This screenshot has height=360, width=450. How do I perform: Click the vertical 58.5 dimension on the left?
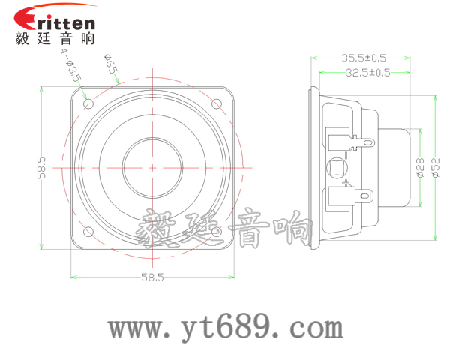coord(43,167)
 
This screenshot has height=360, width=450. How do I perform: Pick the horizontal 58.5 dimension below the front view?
coord(152,277)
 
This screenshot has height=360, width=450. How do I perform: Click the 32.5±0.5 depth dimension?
coord(367,73)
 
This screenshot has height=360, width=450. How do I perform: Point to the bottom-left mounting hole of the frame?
coord(88,230)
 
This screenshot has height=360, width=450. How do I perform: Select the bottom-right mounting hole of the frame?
coord(217,230)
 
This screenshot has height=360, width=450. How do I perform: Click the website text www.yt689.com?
coord(225,328)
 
